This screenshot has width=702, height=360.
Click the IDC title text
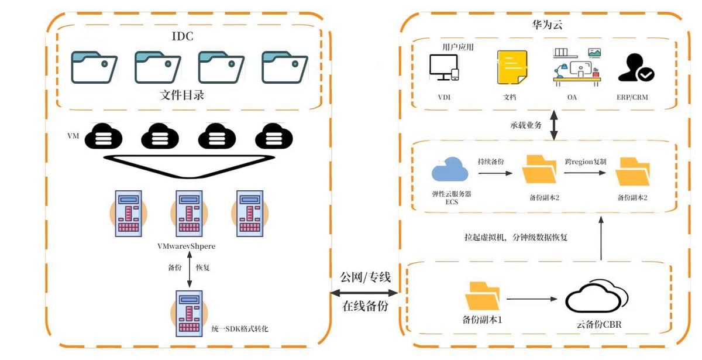coord(182,37)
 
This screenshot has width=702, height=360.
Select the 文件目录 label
coord(182,95)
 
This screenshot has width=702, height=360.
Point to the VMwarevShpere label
coord(187,246)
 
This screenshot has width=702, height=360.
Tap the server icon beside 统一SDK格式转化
coord(188,313)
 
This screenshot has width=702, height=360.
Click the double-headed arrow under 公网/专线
coord(364,292)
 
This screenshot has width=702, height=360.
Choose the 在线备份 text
coord(364,306)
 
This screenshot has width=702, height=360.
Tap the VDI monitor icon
coord(443,68)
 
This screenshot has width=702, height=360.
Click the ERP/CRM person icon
coord(636,68)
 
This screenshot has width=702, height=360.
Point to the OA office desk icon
coord(577,68)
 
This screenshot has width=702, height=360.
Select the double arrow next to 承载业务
coord(553,125)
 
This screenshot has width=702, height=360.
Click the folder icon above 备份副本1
coord(483,296)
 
